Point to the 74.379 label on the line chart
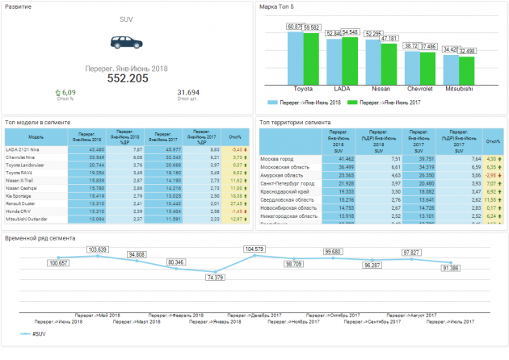pyautogui.click(x=215, y=277)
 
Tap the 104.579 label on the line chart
pyautogui.click(x=254, y=249)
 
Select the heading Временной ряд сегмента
pyautogui.click(x=40, y=238)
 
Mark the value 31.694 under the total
pyautogui.click(x=187, y=93)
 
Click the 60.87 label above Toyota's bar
pyautogui.click(x=295, y=27)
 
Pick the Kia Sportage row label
pyautogui.click(x=19, y=195)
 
